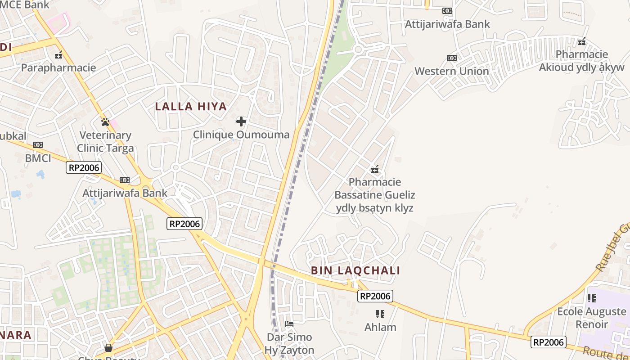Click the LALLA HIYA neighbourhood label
(x=191, y=107)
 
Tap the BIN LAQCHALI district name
(x=355, y=270)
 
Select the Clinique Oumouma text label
(x=241, y=135)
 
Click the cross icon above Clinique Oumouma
(x=241, y=121)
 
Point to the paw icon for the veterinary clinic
(x=105, y=121)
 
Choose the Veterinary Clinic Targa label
(x=105, y=142)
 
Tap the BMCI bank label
(x=38, y=158)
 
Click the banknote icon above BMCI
(x=38, y=145)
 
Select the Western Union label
(x=451, y=71)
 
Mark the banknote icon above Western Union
(x=451, y=58)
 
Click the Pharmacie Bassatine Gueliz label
(x=375, y=195)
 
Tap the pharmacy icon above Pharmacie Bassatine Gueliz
(x=375, y=169)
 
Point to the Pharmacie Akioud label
(x=582, y=61)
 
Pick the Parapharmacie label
(x=58, y=68)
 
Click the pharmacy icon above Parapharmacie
(x=58, y=55)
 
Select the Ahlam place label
(x=380, y=327)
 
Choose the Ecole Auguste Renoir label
(x=592, y=318)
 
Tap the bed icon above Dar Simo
(x=289, y=324)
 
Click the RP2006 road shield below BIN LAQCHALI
(x=375, y=296)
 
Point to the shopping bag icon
(x=108, y=347)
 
